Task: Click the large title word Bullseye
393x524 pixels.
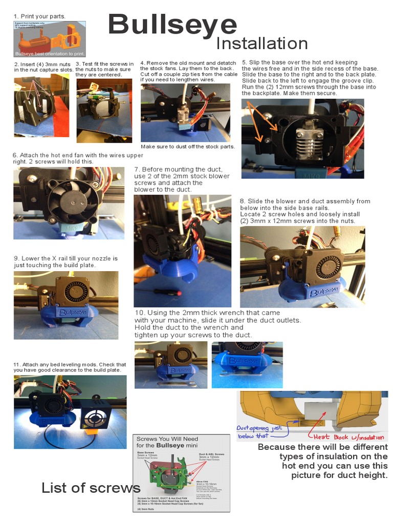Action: click(172, 25)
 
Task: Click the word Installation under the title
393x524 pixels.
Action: click(261, 43)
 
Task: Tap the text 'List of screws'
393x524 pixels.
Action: click(91, 488)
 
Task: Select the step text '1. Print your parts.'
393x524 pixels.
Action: click(39, 16)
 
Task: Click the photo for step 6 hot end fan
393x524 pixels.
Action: click(69, 203)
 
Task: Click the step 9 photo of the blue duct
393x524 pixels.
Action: click(65, 305)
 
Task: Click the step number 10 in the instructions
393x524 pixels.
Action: click(140, 313)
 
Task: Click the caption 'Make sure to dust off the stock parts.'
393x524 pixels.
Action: click(187, 147)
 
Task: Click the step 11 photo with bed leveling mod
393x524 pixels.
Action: click(70, 411)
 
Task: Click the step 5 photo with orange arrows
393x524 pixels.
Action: click(302, 138)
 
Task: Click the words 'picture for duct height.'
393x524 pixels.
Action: click(339, 475)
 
